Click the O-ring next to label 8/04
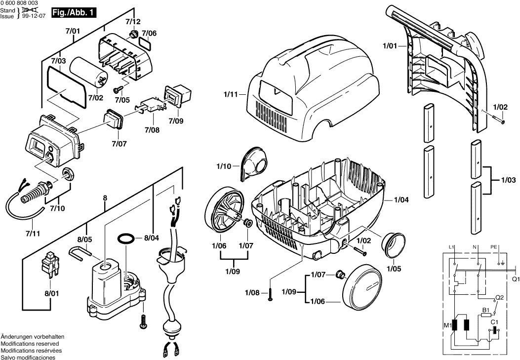point(127,239)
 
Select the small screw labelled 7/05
point(117,89)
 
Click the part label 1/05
point(394,269)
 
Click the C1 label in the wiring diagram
point(494,322)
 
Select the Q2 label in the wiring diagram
point(499,297)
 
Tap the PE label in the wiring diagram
point(494,246)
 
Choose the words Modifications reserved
point(30,344)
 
